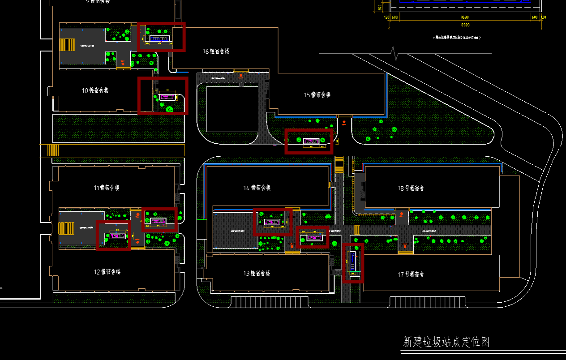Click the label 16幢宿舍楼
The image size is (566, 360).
click(x=216, y=51)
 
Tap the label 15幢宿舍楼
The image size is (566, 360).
click(x=317, y=95)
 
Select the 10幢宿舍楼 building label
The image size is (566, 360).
click(x=95, y=90)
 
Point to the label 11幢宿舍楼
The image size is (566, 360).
click(x=107, y=188)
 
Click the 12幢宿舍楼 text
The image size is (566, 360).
click(x=107, y=272)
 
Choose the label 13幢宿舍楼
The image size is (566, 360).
click(x=257, y=273)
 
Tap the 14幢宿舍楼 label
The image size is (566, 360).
click(x=257, y=188)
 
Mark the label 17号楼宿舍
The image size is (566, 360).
click(x=411, y=274)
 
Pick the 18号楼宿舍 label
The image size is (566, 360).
click(x=411, y=189)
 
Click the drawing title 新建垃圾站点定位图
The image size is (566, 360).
click(x=446, y=342)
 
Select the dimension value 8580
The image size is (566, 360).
click(x=464, y=17)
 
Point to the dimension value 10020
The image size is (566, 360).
click(x=464, y=25)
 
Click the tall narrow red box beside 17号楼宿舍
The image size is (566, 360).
click(x=353, y=263)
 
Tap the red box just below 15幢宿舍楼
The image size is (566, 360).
click(x=309, y=141)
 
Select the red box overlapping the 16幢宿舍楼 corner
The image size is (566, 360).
click(x=161, y=37)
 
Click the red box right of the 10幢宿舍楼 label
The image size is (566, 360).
click(x=163, y=95)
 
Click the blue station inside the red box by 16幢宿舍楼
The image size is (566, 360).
click(x=159, y=39)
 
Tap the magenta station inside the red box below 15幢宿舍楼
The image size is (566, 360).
click(x=310, y=141)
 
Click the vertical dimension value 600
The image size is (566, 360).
click(x=380, y=8)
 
